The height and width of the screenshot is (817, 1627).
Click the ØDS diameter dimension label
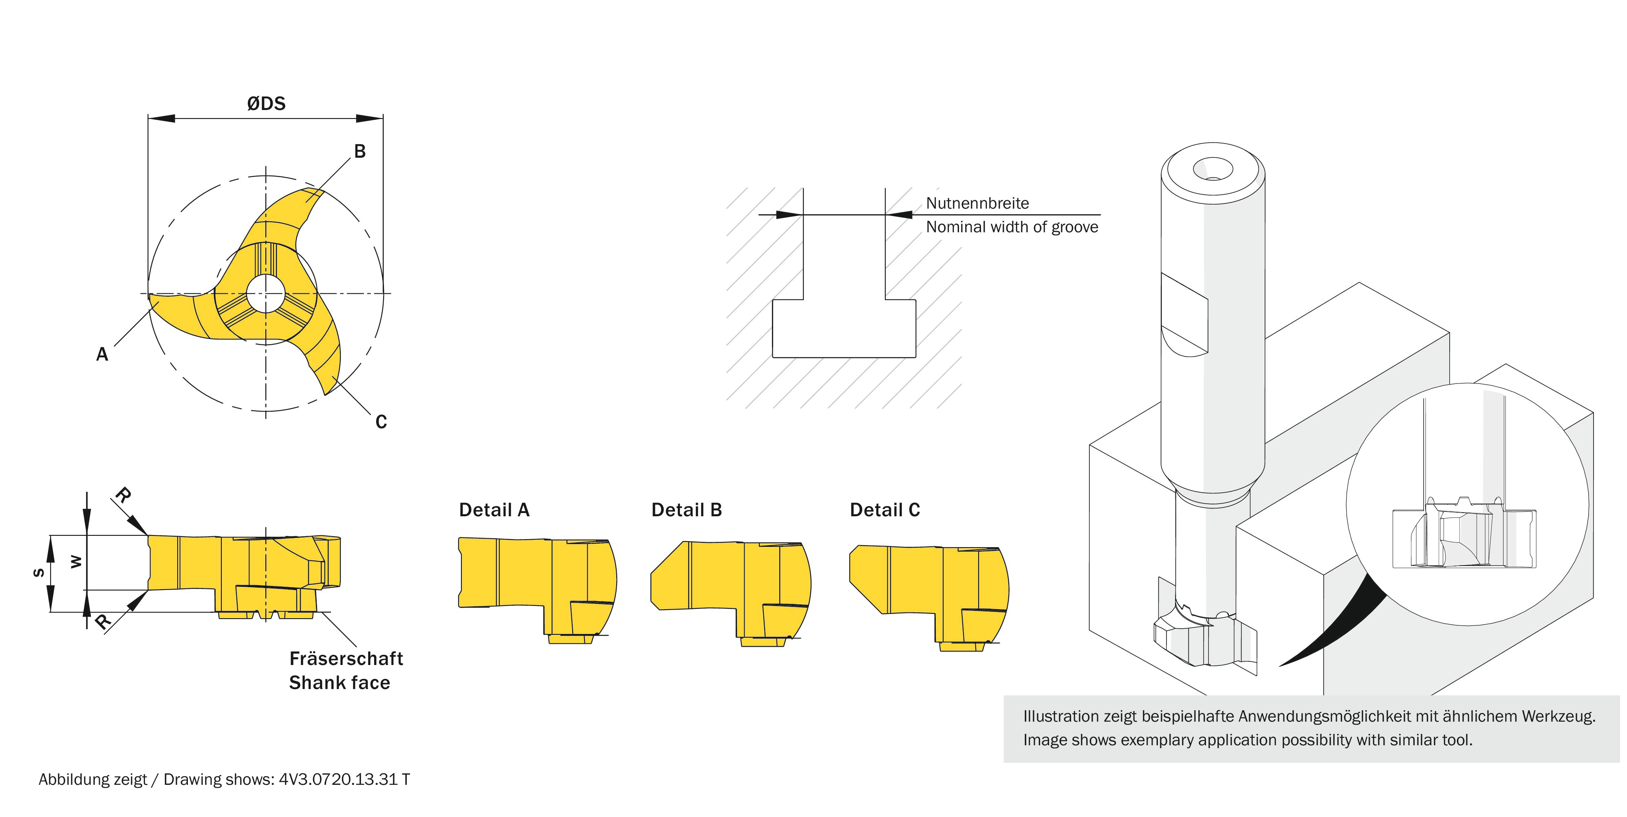(x=266, y=104)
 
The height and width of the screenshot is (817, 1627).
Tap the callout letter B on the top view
(x=359, y=152)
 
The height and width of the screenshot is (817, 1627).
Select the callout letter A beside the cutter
(x=102, y=354)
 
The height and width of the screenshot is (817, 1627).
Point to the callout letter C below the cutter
(x=381, y=422)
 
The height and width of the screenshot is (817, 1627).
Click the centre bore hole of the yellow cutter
(x=265, y=293)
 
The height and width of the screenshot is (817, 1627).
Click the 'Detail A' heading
(x=494, y=510)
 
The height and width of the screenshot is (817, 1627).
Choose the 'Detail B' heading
(x=687, y=510)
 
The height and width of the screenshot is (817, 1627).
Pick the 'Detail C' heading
(x=885, y=510)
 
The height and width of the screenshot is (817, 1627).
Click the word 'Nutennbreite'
(x=977, y=203)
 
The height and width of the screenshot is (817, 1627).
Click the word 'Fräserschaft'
(x=346, y=658)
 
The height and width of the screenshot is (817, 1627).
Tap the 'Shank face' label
(x=340, y=683)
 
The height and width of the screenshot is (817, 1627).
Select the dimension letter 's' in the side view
(x=39, y=573)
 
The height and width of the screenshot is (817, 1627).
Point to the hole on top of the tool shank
(x=1213, y=169)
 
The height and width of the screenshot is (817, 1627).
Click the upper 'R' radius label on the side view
(x=123, y=495)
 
